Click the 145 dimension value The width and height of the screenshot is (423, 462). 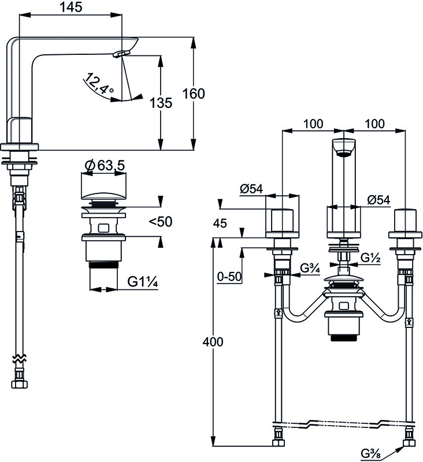click(70, 7)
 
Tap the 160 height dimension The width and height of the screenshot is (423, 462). click(194, 94)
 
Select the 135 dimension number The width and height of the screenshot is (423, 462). click(161, 103)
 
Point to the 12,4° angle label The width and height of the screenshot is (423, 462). click(98, 83)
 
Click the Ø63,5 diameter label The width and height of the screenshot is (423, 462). click(105, 166)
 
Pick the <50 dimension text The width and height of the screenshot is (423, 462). click(161, 222)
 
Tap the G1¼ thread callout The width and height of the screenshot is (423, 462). click(143, 282)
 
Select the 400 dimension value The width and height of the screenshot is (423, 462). click(213, 342)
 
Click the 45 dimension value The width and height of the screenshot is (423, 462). click(220, 223)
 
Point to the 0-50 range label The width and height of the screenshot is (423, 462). click(229, 277)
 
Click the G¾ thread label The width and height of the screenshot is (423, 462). click(310, 269)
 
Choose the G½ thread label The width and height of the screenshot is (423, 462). click(370, 258)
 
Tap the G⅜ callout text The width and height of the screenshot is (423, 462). click(370, 453)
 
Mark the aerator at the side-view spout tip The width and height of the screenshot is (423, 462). click(121, 54)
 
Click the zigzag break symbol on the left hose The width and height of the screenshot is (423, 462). click(19, 359)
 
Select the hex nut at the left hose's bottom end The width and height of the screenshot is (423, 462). click(20, 384)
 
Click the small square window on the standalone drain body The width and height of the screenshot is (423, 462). click(103, 228)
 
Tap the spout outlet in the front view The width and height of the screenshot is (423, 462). click(344, 153)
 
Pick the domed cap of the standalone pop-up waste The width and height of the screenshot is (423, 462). click(103, 196)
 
